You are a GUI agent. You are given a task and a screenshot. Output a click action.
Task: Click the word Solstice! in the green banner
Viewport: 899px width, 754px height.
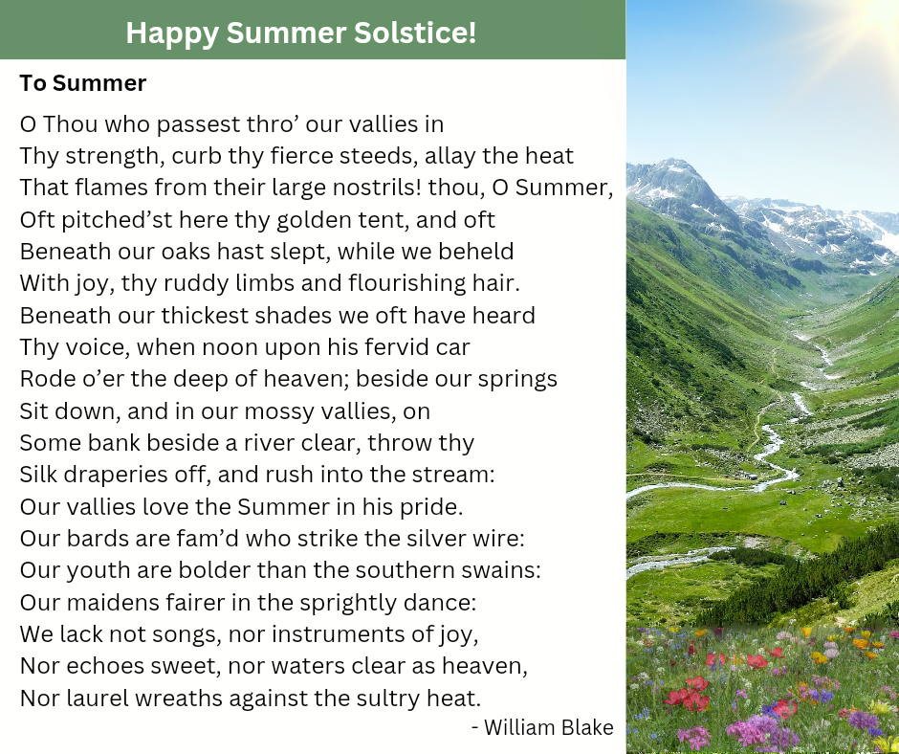(415, 33)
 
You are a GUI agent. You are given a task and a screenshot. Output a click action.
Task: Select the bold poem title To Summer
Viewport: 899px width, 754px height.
(83, 83)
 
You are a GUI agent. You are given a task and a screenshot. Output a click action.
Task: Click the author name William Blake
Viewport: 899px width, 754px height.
(549, 727)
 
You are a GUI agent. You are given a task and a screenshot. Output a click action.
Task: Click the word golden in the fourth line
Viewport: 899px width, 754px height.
(312, 220)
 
